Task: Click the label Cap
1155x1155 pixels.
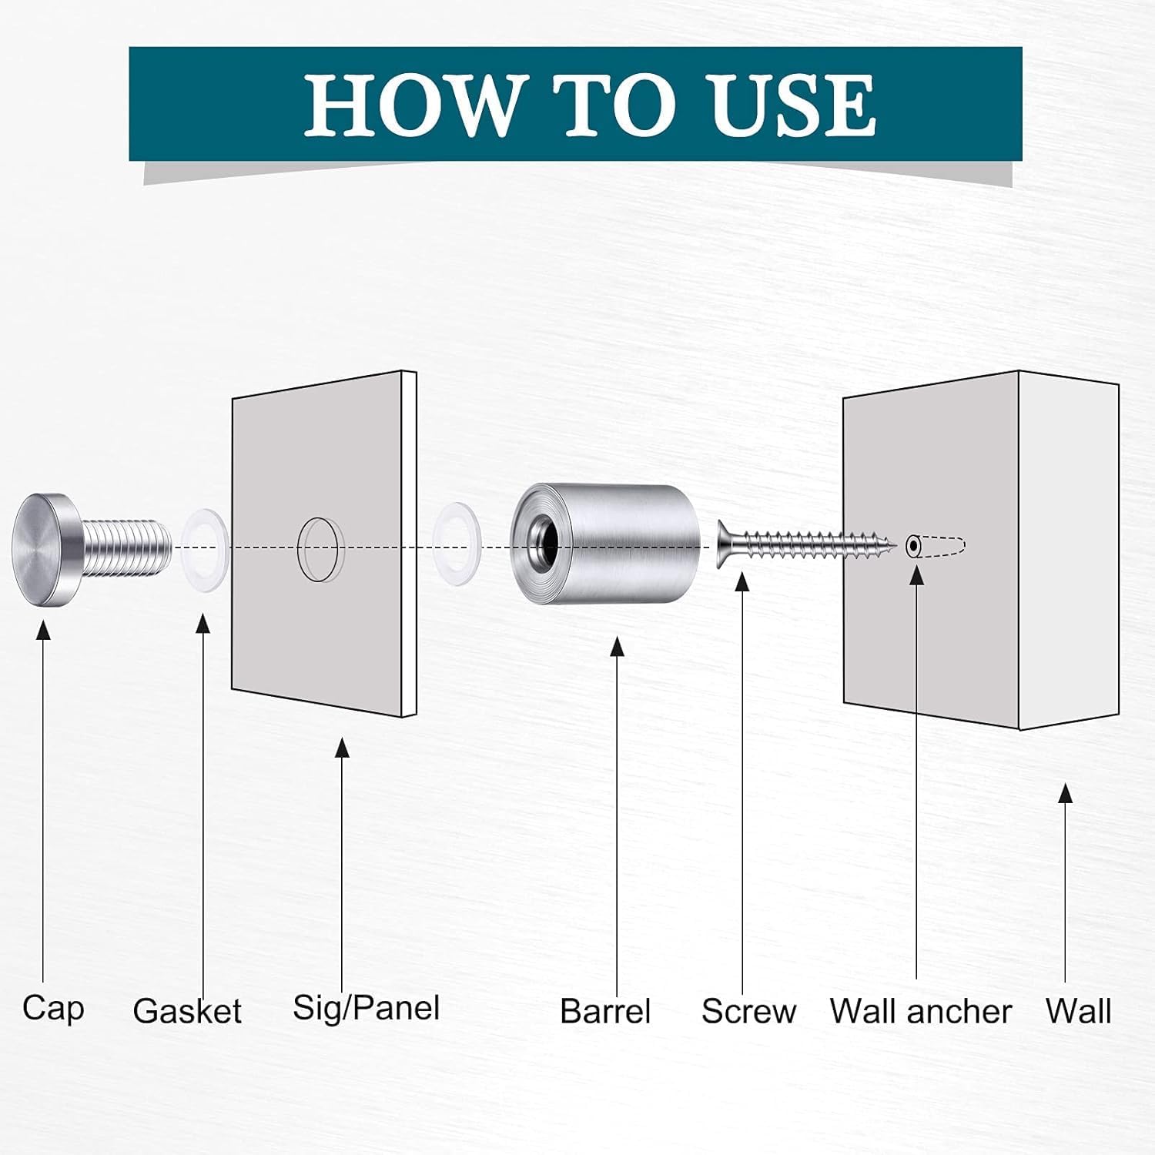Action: (x=53, y=1009)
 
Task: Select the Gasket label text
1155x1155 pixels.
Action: (x=187, y=1011)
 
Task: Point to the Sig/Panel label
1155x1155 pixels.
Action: (x=367, y=1008)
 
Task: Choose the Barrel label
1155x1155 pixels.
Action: (x=605, y=1011)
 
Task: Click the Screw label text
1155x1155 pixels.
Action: (x=748, y=1011)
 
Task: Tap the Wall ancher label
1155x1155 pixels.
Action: (x=921, y=1011)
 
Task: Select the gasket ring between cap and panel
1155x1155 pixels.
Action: (x=205, y=547)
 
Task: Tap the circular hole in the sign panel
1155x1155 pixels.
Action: (x=316, y=549)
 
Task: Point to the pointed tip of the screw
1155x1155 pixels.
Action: (x=895, y=546)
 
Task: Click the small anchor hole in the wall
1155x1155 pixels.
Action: (x=913, y=546)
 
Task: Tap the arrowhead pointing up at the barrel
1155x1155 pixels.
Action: (x=617, y=647)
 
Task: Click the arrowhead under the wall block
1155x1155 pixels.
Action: (x=1066, y=794)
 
